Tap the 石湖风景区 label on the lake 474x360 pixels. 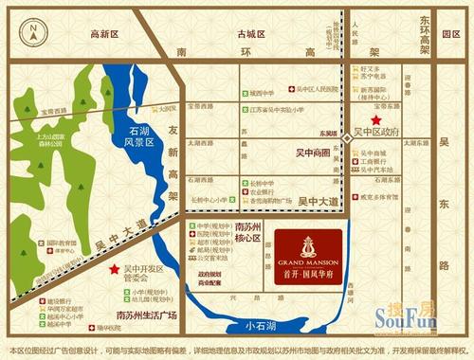pyautogui.click(x=139, y=142)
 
